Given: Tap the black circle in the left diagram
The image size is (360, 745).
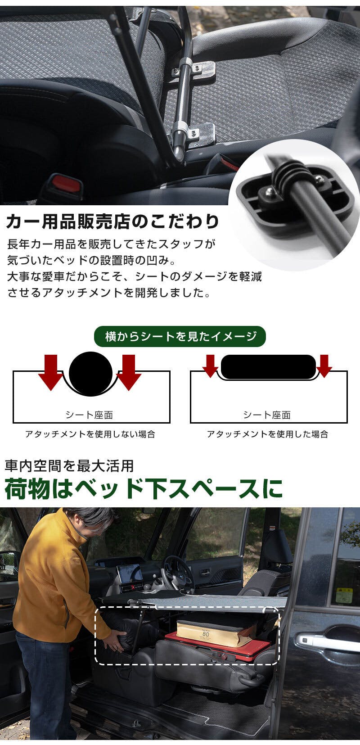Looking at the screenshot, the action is click(x=91, y=374).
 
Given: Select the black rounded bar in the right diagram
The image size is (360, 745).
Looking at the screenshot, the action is click(x=268, y=367).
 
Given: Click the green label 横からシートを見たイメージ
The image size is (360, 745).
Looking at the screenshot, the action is click(x=180, y=336).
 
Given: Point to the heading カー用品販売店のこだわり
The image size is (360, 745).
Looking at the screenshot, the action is click(x=113, y=221).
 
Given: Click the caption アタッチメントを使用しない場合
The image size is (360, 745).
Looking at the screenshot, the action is click(x=90, y=434).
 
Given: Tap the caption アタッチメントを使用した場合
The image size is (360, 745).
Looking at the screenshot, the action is click(x=268, y=434).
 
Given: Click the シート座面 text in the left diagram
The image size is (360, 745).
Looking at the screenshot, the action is click(x=89, y=415).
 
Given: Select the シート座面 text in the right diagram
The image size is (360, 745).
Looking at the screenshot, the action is click(x=267, y=415).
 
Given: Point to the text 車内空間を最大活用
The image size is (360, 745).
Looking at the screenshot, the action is click(x=69, y=465).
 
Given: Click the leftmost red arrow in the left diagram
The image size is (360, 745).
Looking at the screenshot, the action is click(x=51, y=372).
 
